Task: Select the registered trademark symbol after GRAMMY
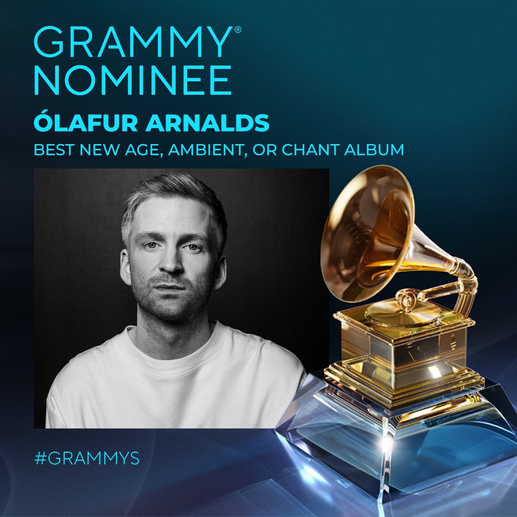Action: pyautogui.click(x=237, y=30)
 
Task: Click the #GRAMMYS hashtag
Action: pyautogui.click(x=87, y=458)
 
